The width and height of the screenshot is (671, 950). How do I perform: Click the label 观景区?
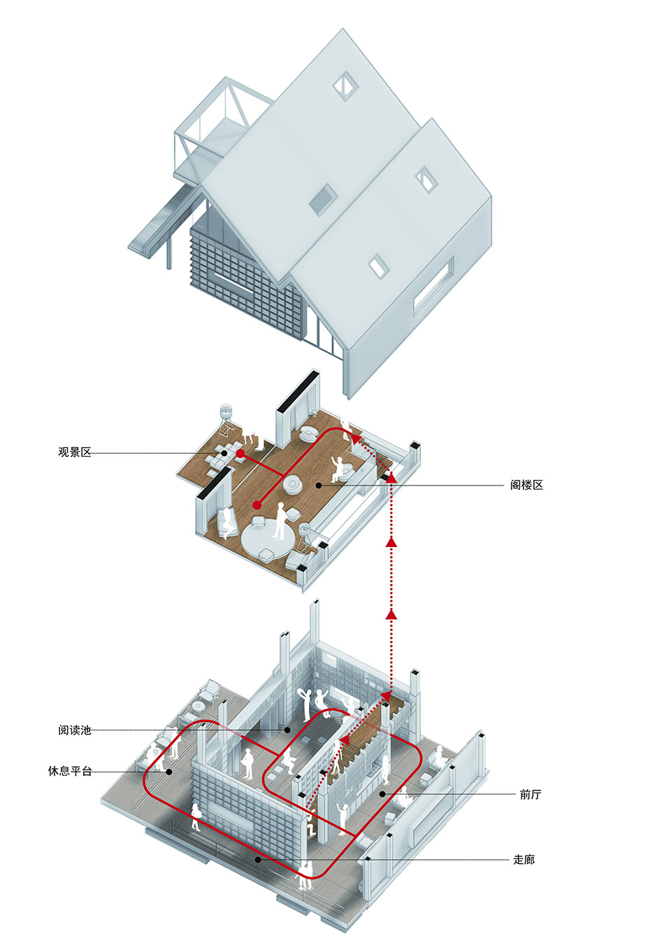74,453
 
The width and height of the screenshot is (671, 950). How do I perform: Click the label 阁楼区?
526,485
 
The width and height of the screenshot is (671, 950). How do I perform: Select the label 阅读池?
74,730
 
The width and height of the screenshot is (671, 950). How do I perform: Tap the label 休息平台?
70,772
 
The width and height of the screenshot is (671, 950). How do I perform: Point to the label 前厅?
530,794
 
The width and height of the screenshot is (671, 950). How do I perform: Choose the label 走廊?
524,860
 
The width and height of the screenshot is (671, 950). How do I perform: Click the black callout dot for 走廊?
258,859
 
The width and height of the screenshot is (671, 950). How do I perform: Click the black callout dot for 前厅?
382,794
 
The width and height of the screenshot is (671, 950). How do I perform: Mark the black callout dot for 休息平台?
169,772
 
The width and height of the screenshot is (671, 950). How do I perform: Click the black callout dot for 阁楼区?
318,485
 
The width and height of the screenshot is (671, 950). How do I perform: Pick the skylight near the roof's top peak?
345,85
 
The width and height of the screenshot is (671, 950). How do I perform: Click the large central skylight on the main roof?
322,199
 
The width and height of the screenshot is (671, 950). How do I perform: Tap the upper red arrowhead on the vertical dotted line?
391,541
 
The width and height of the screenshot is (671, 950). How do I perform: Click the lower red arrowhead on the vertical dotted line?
391,614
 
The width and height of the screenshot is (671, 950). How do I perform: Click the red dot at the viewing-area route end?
240,454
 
